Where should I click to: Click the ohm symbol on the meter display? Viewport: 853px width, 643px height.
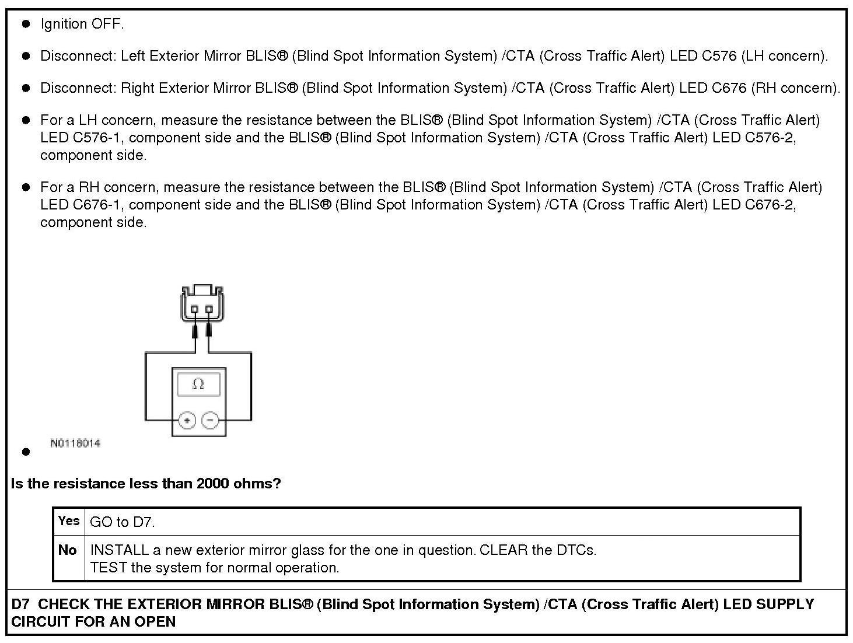click(x=198, y=384)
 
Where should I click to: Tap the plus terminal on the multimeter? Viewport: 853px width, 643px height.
click(x=187, y=420)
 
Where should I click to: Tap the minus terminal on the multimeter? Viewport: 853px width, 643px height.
click(x=210, y=420)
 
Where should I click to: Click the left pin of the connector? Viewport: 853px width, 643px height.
click(x=195, y=309)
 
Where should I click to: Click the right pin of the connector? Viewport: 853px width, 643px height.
click(x=209, y=309)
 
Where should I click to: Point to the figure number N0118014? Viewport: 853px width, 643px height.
click(x=75, y=443)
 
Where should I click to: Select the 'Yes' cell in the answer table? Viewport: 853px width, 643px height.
click(x=69, y=520)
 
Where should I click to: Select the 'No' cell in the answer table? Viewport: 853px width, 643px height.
click(x=68, y=550)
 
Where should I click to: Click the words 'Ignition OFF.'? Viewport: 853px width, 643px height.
click(x=82, y=24)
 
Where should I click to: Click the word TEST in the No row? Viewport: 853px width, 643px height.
click(x=109, y=568)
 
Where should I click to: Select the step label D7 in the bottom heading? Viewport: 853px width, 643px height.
click(x=20, y=604)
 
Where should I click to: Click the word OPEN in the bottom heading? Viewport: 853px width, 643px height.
click(x=156, y=622)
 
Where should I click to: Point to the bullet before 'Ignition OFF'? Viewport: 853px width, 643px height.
click(x=26, y=24)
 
